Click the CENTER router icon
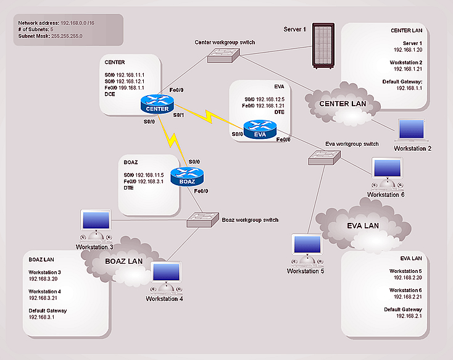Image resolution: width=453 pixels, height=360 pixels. pyautogui.click(x=157, y=104)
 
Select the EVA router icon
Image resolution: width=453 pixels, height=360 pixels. pyautogui.click(x=260, y=130)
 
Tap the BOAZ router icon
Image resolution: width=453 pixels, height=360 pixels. pyautogui.click(x=187, y=177)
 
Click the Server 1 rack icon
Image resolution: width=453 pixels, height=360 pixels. pyautogui.click(x=323, y=46)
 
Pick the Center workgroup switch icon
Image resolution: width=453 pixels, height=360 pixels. pyautogui.click(x=223, y=56)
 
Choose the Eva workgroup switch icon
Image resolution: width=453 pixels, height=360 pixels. pyautogui.click(x=324, y=158)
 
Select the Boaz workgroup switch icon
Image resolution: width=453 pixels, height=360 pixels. pyautogui.click(x=202, y=220)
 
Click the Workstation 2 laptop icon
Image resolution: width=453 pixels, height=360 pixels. pyautogui.click(x=412, y=130)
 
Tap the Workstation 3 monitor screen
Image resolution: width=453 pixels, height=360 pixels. pyautogui.click(x=96, y=220)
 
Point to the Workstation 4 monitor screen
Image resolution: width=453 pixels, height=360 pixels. pyautogui.click(x=166, y=272)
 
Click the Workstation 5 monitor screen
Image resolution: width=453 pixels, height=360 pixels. pyautogui.click(x=307, y=245)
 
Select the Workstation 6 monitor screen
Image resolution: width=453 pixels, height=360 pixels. pyautogui.click(x=387, y=168)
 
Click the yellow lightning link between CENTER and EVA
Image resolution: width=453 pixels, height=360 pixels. pyautogui.click(x=209, y=116)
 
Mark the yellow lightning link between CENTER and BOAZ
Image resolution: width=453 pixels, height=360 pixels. pyautogui.click(x=172, y=141)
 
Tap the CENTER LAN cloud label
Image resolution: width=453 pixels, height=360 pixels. pyautogui.click(x=343, y=104)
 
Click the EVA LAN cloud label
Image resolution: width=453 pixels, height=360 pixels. pyautogui.click(x=363, y=226)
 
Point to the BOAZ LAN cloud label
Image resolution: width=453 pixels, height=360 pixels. pyautogui.click(x=123, y=261)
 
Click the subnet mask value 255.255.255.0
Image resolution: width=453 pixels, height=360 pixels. pyautogui.click(x=67, y=36)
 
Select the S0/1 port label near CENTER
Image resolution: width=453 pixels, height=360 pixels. pyautogui.click(x=178, y=115)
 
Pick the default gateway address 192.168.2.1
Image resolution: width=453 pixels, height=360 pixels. pyautogui.click(x=409, y=316)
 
